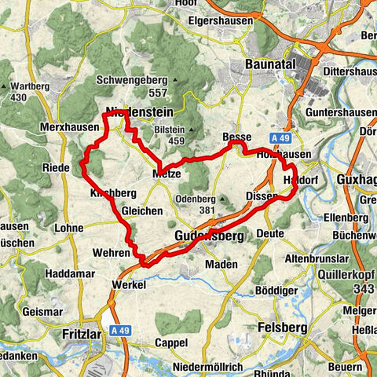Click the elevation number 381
coord(207,210)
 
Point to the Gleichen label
coord(142,210)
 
